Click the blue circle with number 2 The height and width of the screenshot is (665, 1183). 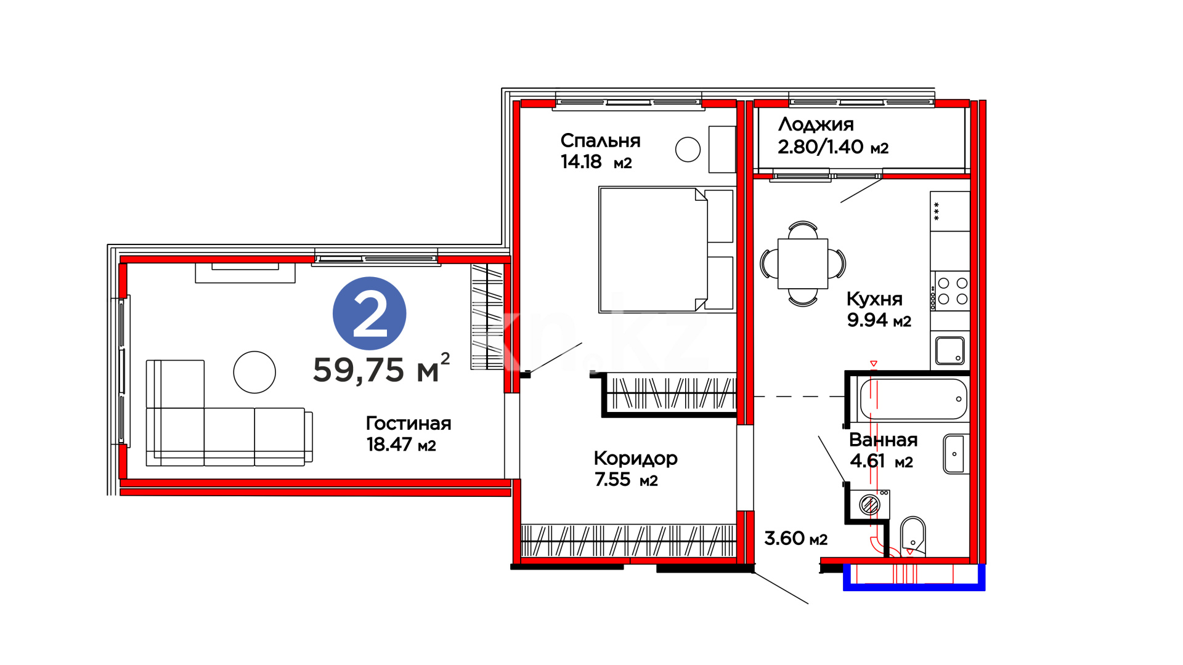[x=369, y=314]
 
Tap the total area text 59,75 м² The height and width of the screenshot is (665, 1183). [x=381, y=369]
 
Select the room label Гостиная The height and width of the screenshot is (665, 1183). [x=409, y=423]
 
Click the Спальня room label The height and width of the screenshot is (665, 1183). [x=601, y=141]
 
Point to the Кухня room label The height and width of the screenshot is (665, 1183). [x=874, y=299]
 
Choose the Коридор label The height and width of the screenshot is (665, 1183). [x=636, y=459]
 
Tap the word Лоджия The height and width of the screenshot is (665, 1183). [x=816, y=125]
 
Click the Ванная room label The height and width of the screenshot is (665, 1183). [x=884, y=440]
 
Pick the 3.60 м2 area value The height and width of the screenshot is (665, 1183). [x=795, y=538]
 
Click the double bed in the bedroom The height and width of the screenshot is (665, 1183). [x=667, y=250]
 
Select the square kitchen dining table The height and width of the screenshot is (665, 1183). [x=803, y=264]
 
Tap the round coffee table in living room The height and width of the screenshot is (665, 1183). [x=254, y=372]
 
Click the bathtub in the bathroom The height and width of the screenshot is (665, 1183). [x=914, y=399]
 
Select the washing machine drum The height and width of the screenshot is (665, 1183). [x=870, y=505]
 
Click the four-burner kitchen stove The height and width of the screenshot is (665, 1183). [x=951, y=291]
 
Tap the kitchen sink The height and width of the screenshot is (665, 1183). [x=950, y=351]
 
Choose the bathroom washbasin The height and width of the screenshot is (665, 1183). [x=956, y=454]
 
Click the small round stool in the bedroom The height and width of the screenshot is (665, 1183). [x=688, y=149]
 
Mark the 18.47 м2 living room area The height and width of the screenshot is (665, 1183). [x=401, y=445]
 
